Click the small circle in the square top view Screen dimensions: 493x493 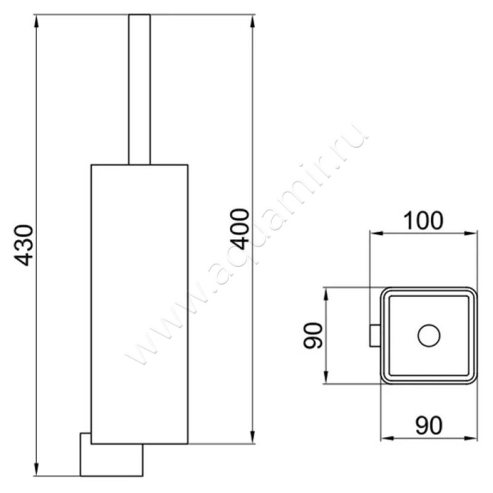429,336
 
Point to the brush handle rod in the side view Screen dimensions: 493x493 139,89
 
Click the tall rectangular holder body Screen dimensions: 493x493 139,302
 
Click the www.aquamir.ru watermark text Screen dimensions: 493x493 246,246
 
